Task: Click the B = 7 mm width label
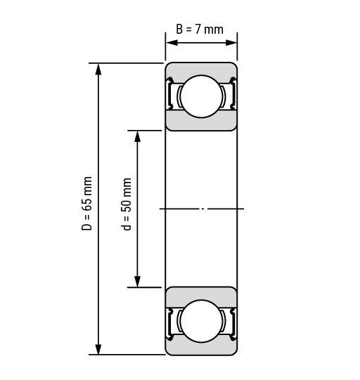(200, 30)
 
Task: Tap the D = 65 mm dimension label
(87, 203)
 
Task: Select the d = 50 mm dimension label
(126, 204)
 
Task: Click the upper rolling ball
(201, 96)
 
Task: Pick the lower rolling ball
(201, 321)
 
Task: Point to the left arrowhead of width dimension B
(172, 43)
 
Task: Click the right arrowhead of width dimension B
(231, 43)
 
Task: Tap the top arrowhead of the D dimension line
(98, 70)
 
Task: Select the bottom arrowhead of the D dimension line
(98, 348)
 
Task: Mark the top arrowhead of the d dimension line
(138, 137)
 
